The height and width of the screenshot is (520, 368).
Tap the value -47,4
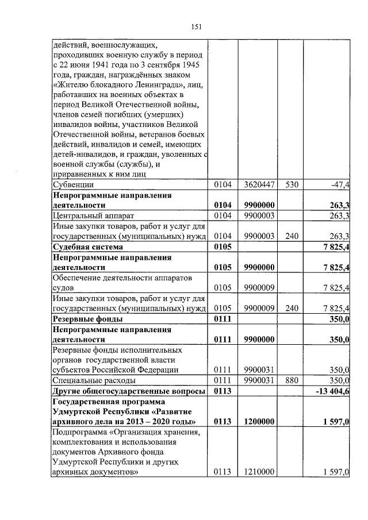[x=340, y=185]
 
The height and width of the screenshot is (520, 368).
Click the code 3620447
[x=258, y=185]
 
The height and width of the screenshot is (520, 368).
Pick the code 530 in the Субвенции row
[x=292, y=185]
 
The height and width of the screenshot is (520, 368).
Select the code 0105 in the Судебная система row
[x=222, y=247]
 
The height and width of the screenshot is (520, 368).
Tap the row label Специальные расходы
[x=94, y=380]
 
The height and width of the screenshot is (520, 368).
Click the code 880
[x=292, y=380]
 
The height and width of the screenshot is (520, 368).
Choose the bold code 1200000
[x=258, y=422]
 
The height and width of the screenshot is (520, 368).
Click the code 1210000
[x=258, y=473]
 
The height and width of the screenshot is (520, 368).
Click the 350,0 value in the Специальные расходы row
[x=339, y=380]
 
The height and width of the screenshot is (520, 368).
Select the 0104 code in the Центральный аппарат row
[x=222, y=216]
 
